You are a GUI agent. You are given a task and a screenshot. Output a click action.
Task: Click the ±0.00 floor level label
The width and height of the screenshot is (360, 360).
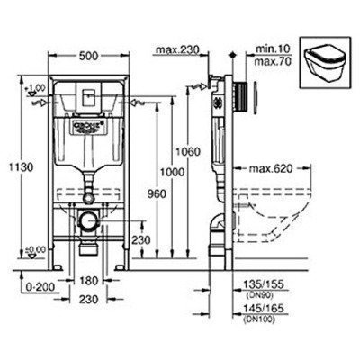coord(33,248)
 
